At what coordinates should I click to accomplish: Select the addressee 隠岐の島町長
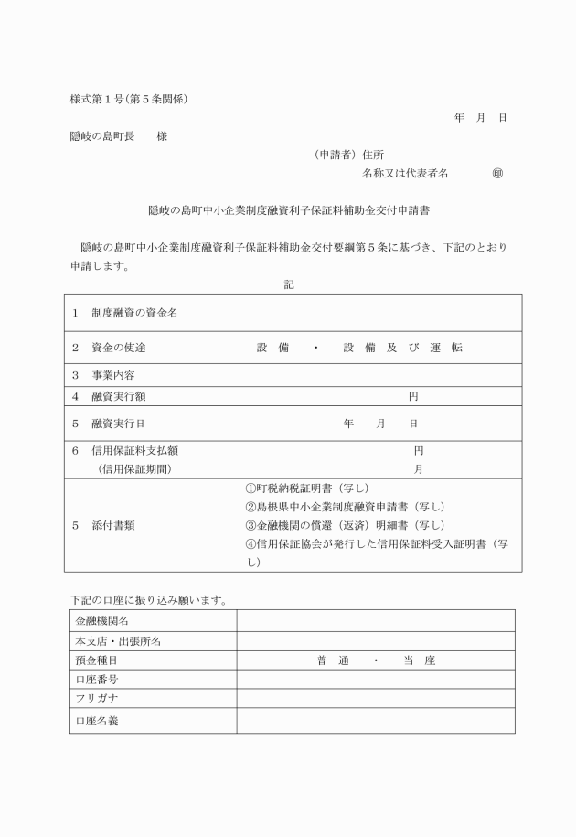point(102,136)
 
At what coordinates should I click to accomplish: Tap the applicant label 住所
point(373,155)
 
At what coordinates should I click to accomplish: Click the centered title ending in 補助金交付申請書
point(289,209)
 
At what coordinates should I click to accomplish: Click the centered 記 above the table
point(289,284)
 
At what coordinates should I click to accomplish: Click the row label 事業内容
point(114,375)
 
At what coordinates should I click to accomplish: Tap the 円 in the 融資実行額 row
point(413,396)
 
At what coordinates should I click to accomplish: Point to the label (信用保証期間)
point(134,469)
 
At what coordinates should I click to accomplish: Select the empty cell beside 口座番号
point(375,679)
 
